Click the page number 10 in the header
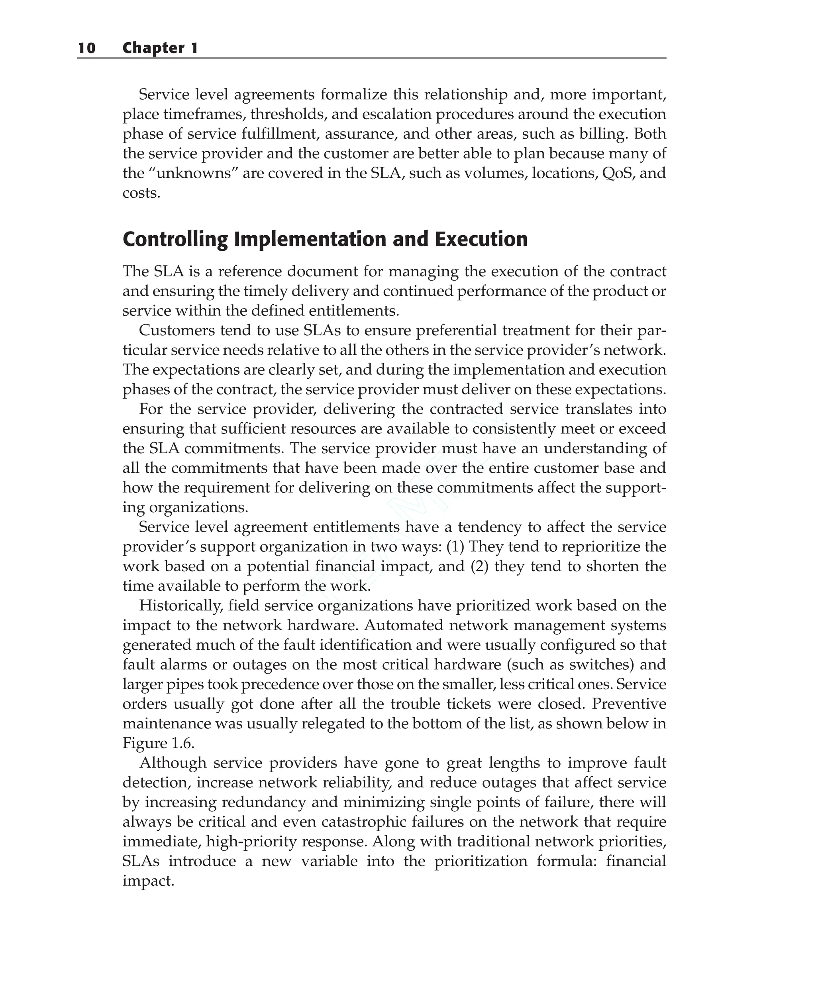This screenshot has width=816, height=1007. [x=86, y=48]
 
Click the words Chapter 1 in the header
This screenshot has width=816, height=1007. [x=160, y=48]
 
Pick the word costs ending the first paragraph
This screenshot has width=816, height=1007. [x=141, y=193]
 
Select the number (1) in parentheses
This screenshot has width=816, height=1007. [x=455, y=547]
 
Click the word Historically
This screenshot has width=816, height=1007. [x=180, y=605]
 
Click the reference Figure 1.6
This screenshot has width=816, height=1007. [x=158, y=743]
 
